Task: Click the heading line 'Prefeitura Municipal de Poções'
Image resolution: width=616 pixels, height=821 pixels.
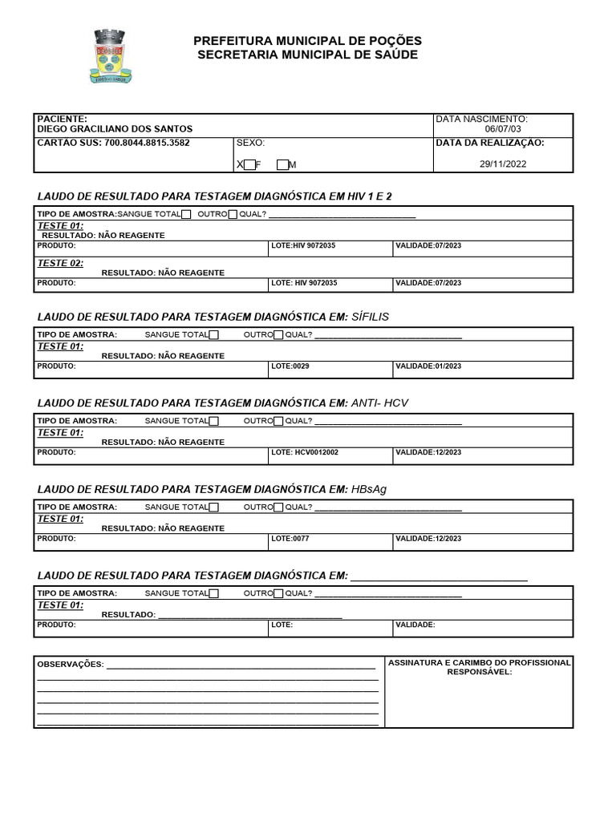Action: pos(307,41)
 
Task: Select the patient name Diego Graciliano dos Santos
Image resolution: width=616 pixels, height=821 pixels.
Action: pos(115,129)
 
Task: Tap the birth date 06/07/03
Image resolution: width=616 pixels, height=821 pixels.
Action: pos(503,129)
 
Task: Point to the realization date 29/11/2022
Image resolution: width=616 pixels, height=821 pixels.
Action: pos(503,164)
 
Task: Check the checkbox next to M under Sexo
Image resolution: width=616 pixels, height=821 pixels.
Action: pos(282,165)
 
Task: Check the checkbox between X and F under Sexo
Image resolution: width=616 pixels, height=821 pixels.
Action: pos(249,165)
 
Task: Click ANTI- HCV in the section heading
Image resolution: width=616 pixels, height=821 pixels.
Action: pos(379,403)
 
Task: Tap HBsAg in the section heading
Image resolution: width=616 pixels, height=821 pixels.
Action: pos(369,489)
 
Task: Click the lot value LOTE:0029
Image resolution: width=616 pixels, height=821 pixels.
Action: pos(290,366)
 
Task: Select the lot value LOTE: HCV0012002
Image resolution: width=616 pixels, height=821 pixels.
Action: pos(305,453)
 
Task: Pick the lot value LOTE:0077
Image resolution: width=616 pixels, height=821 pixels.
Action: pos(290,539)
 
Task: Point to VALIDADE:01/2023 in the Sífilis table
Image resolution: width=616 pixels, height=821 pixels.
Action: pos(428,366)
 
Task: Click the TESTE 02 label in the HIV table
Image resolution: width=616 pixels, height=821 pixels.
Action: pos(61,263)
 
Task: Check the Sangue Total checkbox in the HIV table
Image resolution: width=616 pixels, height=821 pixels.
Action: pos(186,214)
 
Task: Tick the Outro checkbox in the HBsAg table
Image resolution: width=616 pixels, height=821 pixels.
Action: pos(278,507)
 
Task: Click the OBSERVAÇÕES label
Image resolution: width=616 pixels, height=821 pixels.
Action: pos(71,665)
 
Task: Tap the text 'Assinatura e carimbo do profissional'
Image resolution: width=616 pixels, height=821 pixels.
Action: pos(479,663)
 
